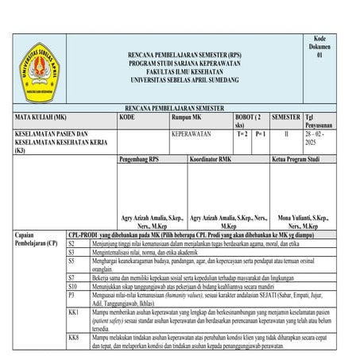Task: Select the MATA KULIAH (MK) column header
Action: tap(41, 117)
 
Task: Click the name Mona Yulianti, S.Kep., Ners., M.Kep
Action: tap(305, 220)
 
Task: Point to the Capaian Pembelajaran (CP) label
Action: tap(31, 239)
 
